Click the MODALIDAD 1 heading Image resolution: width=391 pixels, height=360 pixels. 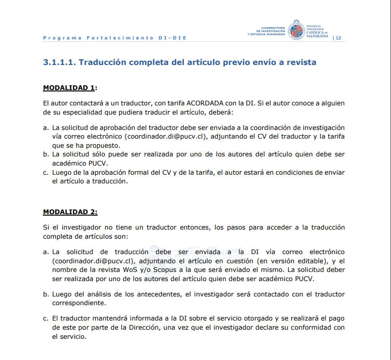tap(69, 88)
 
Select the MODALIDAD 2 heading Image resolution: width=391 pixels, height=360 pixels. tap(70, 212)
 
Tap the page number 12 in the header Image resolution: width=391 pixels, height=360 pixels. tap(339, 38)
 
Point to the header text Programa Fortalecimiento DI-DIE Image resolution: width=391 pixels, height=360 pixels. tap(115, 38)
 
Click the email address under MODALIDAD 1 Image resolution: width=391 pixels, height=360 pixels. tap(165, 137)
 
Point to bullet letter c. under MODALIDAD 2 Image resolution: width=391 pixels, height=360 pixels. tap(46, 319)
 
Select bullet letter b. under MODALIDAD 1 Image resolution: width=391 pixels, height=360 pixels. tap(46, 154)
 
